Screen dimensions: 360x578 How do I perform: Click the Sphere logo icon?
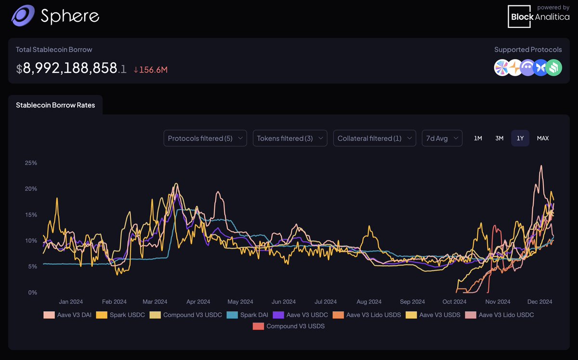pos(22,16)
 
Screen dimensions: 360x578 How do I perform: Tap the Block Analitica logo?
pos(539,16)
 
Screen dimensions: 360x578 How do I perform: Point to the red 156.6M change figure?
pos(150,69)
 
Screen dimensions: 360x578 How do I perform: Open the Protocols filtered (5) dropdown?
pos(205,138)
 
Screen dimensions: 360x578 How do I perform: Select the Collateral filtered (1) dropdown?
pos(374,138)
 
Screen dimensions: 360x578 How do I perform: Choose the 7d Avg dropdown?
pos(442,138)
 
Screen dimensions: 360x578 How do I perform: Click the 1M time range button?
pos(478,138)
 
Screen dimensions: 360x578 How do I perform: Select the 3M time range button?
pos(499,138)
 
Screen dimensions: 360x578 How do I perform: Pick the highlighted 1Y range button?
pos(520,138)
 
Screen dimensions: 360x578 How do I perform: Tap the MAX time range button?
pos(543,138)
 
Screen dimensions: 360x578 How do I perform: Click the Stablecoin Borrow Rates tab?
pos(55,105)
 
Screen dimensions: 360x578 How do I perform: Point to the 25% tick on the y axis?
pos(31,163)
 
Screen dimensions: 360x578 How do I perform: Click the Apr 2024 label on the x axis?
pos(197,302)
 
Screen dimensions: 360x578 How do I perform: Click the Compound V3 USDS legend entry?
pos(289,326)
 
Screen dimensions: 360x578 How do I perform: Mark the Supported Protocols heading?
pos(528,50)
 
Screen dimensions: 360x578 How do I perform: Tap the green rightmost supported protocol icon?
pos(554,68)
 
